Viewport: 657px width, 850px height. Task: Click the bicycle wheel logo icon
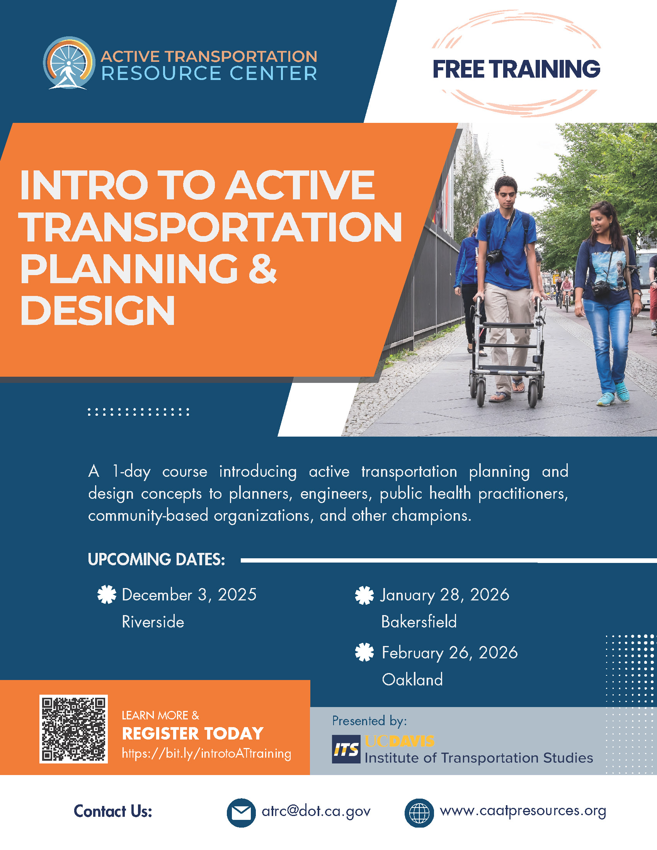point(69,63)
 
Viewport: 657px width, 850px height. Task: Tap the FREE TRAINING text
point(516,69)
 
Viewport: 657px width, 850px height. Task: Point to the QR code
point(73,729)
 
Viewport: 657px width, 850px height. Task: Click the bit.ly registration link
point(206,753)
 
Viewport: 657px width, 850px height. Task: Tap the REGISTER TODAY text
point(193,734)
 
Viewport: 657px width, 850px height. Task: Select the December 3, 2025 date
point(189,595)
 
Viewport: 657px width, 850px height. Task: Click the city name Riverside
point(153,622)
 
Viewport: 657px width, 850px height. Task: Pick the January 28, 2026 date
point(445,595)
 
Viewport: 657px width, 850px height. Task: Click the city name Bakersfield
point(419,622)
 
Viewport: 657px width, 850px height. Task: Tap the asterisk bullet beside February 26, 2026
point(364,653)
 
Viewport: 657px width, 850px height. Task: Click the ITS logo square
point(346,749)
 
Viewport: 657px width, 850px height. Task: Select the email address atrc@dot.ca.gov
point(316,811)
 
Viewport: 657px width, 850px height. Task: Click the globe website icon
point(419,813)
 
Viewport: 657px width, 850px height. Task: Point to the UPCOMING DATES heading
point(157,560)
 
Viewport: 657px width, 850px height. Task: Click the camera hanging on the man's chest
point(494,256)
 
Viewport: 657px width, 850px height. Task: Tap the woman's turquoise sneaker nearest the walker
point(606,399)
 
